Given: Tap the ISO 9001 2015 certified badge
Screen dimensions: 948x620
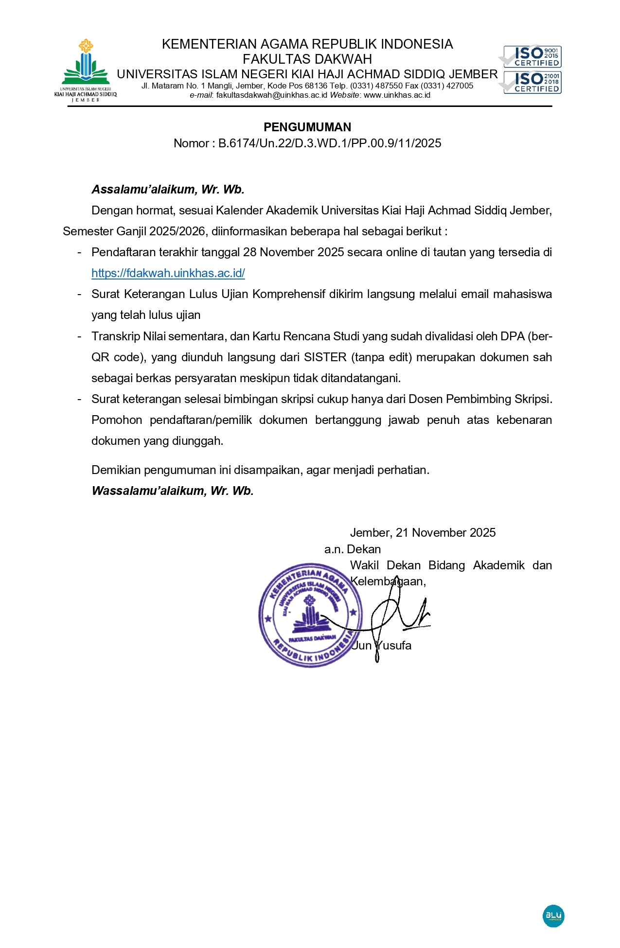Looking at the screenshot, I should point(532,56).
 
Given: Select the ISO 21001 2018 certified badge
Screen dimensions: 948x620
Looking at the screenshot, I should point(532,82).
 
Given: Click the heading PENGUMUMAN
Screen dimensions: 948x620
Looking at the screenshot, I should point(307,127).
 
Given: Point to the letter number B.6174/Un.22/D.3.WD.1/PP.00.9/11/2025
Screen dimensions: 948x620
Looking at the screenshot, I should point(330,143).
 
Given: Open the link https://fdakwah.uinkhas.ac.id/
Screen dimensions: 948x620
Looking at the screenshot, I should point(168,273).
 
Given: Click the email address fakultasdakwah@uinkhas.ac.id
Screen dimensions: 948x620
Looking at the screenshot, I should point(272,95).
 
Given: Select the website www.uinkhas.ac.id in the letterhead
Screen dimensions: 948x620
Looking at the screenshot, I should point(397,95).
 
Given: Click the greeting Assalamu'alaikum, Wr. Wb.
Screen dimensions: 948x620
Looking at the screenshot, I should point(168,190).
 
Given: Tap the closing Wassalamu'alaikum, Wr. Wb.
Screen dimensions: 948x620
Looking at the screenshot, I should point(173,491).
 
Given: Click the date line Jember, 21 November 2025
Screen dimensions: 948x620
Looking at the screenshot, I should point(423,533).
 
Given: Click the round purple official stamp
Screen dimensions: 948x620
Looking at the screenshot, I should point(310,615).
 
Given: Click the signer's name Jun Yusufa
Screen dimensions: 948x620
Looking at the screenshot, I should point(382,646).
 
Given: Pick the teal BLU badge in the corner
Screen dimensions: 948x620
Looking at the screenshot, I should point(553,916).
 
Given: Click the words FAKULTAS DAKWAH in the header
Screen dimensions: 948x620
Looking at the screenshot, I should point(307,59).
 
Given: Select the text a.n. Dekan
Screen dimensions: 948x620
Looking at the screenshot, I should point(353,549).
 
